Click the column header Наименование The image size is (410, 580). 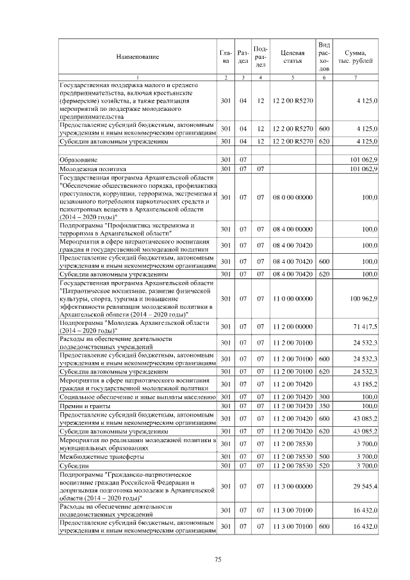coord(137,57)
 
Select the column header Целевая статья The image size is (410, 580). coord(291,57)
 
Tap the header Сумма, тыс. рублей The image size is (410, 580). coord(356,57)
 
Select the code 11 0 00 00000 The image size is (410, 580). coord(292,299)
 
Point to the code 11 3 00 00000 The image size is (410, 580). coord(292,486)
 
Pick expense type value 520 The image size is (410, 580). coord(324,465)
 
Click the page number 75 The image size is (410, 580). coord(218,559)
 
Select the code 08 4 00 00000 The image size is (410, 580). coord(292,229)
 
